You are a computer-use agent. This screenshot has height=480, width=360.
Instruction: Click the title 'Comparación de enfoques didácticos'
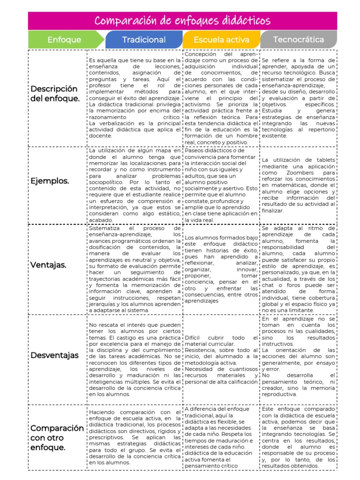tap(182, 21)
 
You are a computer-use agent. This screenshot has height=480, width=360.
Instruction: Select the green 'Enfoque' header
tap(64, 40)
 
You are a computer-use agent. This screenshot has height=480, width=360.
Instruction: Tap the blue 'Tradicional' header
tap(144, 40)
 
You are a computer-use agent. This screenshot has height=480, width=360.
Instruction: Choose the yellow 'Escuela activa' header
tap(221, 40)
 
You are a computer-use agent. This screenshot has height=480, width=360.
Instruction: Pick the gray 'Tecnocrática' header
tap(299, 39)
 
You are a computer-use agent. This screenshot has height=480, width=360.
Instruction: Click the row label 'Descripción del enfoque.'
tap(54, 93)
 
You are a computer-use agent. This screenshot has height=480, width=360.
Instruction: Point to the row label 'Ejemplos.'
tap(50, 180)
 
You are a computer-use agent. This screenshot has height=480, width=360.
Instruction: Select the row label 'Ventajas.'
tap(48, 265)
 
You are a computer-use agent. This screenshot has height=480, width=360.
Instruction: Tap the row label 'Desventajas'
tap(55, 355)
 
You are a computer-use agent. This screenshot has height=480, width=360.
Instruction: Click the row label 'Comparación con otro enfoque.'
tap(57, 437)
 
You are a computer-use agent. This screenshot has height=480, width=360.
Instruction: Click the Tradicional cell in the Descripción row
tap(134, 98)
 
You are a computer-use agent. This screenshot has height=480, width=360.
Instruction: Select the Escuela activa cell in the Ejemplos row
tap(221, 185)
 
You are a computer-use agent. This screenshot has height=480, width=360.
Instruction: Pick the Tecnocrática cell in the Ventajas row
tap(298, 268)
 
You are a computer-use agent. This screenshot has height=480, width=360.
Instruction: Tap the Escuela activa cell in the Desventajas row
tap(221, 360)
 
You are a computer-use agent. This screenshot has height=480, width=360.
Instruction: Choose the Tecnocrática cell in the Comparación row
tap(298, 437)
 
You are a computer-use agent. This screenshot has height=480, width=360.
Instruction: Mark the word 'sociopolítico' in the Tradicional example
tap(108, 181)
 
